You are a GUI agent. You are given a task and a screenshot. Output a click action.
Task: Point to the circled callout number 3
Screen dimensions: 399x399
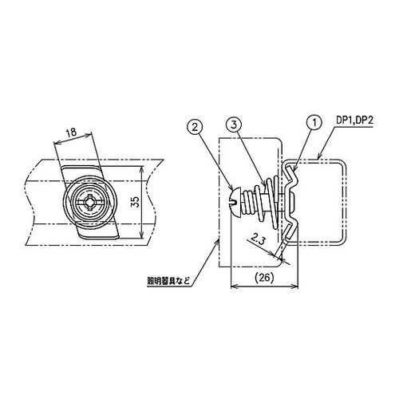pyautogui.click(x=232, y=126)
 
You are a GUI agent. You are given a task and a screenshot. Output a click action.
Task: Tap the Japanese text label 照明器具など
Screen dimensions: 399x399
pyautogui.click(x=168, y=280)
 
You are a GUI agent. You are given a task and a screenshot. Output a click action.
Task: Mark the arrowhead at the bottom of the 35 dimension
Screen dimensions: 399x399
pyautogui.click(x=141, y=239)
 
